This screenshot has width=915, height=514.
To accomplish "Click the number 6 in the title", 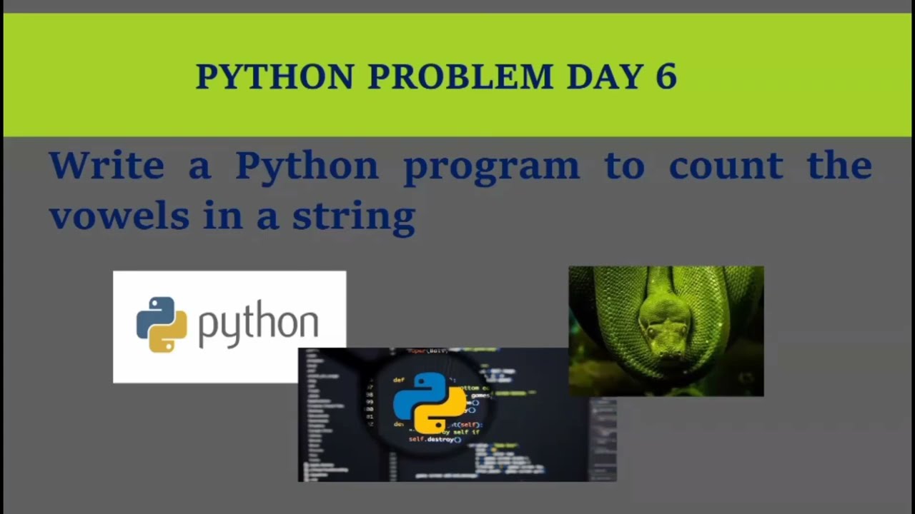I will click(x=666, y=77).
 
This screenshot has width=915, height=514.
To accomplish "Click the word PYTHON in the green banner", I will click(x=274, y=77).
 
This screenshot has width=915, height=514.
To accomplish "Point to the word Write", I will click(x=107, y=166).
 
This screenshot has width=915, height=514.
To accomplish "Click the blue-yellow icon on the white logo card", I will click(x=162, y=325).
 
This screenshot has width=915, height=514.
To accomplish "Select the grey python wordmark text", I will click(x=258, y=326).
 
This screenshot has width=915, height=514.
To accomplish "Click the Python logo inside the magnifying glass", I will click(x=429, y=403).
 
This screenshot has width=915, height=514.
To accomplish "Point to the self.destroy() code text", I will click(x=434, y=439).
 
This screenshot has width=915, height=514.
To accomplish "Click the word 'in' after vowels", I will click(x=221, y=216).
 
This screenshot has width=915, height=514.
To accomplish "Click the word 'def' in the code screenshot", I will click(x=399, y=381).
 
